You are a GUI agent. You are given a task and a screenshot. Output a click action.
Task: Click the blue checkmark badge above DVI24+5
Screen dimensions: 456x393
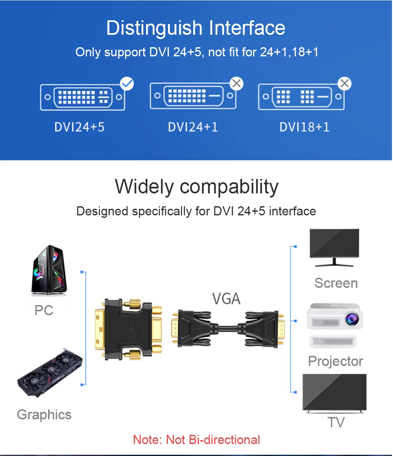pyautogui.click(x=127, y=84)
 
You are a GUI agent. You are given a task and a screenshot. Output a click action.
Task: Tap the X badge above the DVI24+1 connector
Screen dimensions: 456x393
pyautogui.click(x=237, y=84)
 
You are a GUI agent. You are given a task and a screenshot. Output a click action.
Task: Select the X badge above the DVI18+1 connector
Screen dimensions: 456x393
pyautogui.click(x=345, y=84)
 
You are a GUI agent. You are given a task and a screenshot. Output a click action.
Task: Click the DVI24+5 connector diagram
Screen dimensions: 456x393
pyautogui.click(x=83, y=97)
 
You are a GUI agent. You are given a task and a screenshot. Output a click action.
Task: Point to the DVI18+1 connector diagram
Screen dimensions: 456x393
pyautogui.click(x=301, y=97)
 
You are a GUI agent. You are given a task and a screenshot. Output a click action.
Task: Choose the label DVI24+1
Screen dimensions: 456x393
pyautogui.click(x=193, y=127)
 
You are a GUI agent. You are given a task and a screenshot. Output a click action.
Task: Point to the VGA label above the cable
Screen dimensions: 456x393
pyautogui.click(x=226, y=298)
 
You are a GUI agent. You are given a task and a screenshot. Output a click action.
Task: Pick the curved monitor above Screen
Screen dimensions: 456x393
pyautogui.click(x=334, y=248)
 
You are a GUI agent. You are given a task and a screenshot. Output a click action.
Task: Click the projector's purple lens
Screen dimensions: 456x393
pyautogui.click(x=353, y=318)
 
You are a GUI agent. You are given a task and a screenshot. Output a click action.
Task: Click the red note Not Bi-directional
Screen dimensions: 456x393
pyautogui.click(x=196, y=439)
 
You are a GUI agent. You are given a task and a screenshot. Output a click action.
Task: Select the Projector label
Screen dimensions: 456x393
pyautogui.click(x=335, y=361)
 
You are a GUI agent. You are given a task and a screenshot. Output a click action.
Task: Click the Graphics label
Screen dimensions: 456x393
pyautogui.click(x=44, y=415)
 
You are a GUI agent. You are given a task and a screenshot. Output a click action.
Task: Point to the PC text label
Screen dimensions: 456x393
pyautogui.click(x=44, y=310)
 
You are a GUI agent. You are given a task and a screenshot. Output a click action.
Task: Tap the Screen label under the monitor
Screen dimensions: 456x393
pyautogui.click(x=336, y=283)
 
